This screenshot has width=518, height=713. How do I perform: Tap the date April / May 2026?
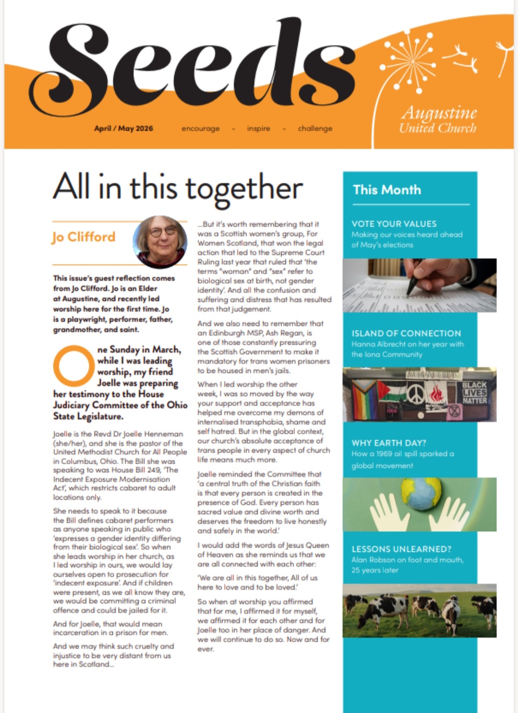[x=124, y=128]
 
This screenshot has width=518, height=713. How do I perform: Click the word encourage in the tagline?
[x=200, y=128]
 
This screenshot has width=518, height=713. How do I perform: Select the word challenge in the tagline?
[x=315, y=128]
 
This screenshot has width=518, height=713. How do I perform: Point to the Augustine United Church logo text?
[x=438, y=120]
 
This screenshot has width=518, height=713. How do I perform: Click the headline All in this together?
[x=178, y=188]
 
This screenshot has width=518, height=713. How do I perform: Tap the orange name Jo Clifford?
[x=84, y=237]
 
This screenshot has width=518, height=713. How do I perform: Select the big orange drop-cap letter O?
[x=73, y=366]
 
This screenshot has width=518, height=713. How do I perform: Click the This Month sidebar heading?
[x=387, y=190]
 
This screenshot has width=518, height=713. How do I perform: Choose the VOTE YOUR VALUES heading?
[x=394, y=224]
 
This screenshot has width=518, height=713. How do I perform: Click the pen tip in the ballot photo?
[x=409, y=291]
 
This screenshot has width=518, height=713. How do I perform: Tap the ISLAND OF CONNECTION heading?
[x=406, y=333]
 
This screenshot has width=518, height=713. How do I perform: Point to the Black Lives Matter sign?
[x=474, y=393]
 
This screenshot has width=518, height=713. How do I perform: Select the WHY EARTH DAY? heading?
[x=388, y=443]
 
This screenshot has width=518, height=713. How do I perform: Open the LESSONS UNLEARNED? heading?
[x=401, y=549]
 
